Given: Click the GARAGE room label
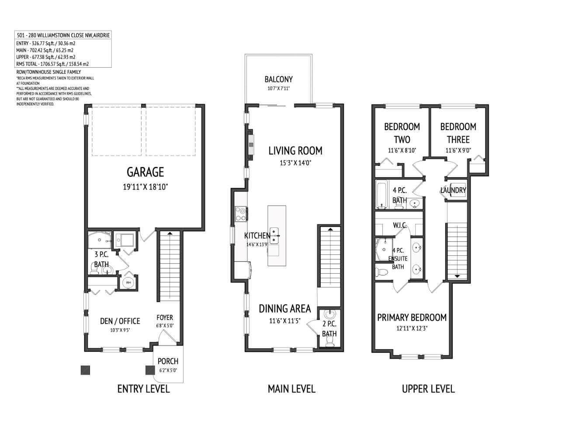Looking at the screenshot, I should click(145, 172).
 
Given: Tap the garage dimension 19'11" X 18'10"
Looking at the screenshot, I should click(145, 187).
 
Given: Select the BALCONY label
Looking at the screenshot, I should click(278, 79).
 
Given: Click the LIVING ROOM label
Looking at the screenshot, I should click(295, 151).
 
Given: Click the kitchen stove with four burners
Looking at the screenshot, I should click(241, 213).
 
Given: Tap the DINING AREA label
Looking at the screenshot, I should click(284, 309).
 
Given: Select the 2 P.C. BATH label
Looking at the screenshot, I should click(329, 329).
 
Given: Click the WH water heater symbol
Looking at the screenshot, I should click(128, 283).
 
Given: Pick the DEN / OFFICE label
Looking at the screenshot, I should click(120, 321).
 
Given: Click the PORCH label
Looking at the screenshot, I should click(168, 361).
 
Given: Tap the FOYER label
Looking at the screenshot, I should click(165, 317).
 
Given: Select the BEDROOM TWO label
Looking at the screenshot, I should click(402, 133).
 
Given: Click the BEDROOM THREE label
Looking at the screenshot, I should click(458, 133).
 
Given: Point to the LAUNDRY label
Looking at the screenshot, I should click(453, 190).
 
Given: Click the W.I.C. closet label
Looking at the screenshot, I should click(400, 225).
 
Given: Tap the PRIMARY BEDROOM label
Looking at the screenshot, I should click(412, 317).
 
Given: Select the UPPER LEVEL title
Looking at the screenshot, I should click(428, 389).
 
